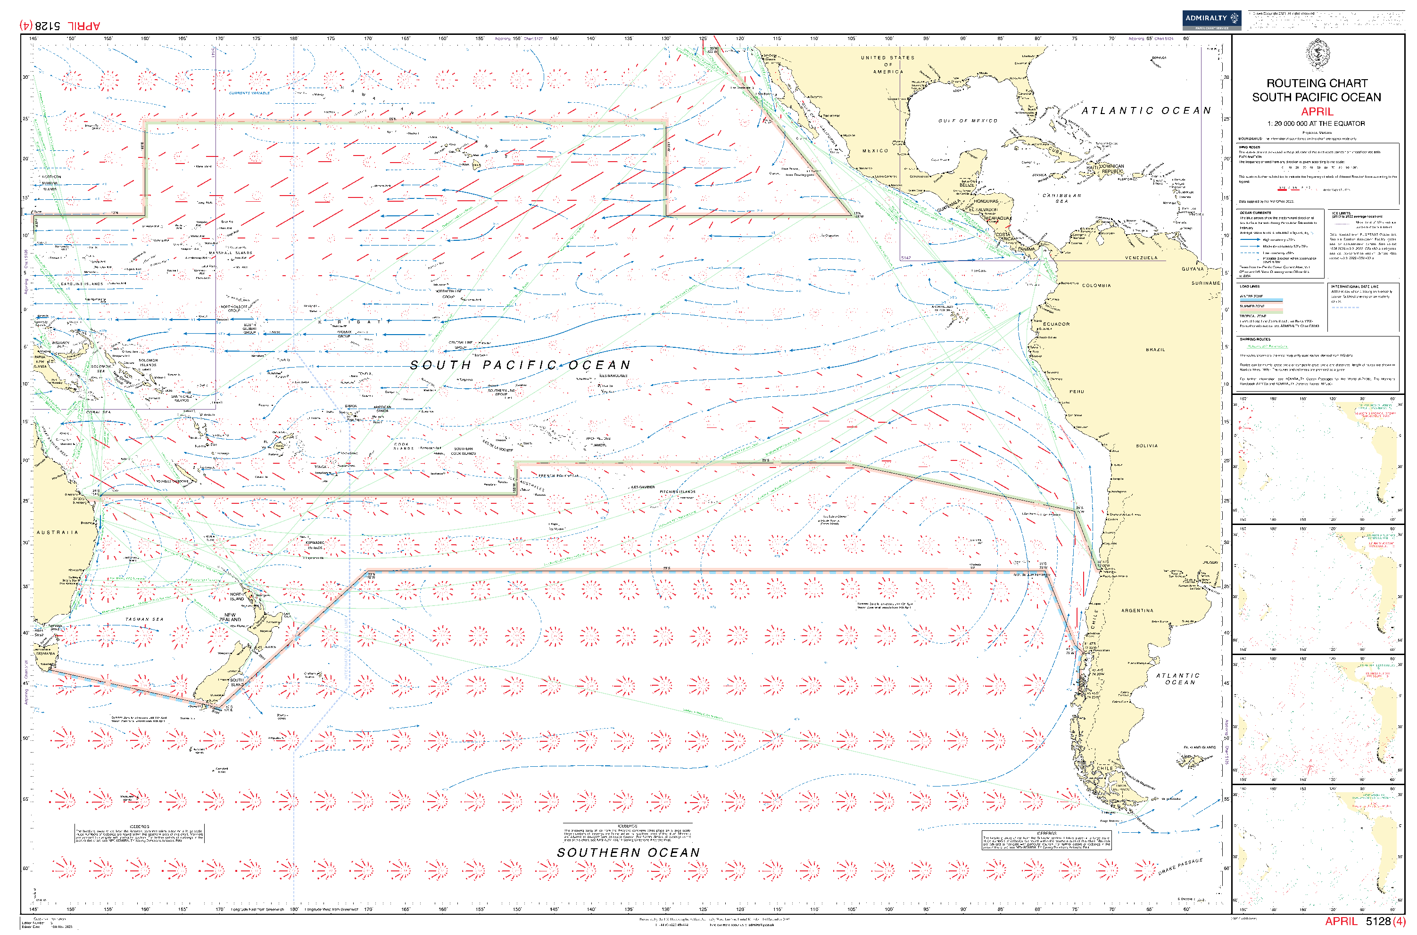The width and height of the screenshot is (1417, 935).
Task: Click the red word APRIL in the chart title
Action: point(1316,112)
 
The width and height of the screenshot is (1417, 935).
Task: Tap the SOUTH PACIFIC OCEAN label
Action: point(520,365)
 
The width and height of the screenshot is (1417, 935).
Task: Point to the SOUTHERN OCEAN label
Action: point(628,853)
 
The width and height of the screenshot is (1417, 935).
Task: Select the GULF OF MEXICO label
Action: point(967,121)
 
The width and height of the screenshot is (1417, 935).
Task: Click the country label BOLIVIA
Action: point(1146,445)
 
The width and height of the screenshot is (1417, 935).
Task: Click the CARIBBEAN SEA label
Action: point(1061,198)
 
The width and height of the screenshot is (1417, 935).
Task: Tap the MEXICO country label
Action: point(875,151)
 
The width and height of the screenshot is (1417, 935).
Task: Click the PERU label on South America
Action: point(1077,392)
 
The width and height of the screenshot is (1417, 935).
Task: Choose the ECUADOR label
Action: point(1056,324)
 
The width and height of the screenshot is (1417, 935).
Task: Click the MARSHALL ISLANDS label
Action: point(230,253)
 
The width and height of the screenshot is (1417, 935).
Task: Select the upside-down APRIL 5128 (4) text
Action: point(60,25)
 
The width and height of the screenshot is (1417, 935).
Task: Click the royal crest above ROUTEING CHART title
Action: point(1316,55)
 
